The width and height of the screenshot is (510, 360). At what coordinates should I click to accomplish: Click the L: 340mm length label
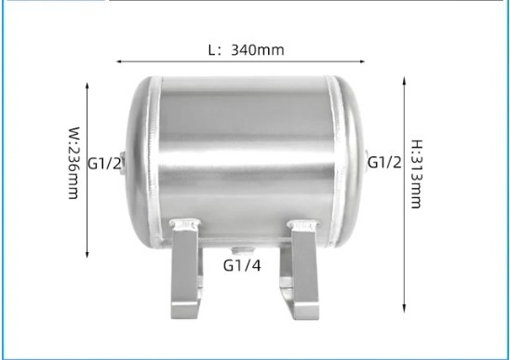click(247, 50)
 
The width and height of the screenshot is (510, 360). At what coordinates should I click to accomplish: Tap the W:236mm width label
click(74, 163)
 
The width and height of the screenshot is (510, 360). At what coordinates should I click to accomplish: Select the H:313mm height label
click(417, 174)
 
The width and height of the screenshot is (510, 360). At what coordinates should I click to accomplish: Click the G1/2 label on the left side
click(104, 163)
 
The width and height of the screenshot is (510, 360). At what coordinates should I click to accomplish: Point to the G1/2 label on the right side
click(384, 162)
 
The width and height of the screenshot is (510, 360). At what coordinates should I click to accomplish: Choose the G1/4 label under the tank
click(242, 265)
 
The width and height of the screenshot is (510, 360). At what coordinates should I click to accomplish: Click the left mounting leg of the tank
click(185, 269)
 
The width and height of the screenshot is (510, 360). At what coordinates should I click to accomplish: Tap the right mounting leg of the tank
click(301, 269)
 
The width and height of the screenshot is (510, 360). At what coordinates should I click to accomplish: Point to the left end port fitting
click(123, 163)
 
